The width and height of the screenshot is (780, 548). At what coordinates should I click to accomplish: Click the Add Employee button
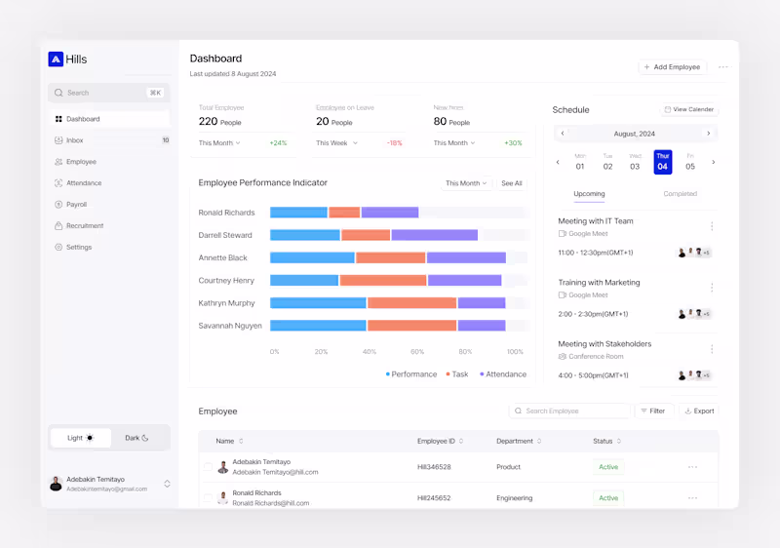tap(673, 67)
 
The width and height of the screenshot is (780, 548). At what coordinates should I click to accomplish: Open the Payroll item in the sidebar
tap(76, 205)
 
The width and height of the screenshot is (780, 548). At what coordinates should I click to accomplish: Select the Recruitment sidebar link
tap(84, 226)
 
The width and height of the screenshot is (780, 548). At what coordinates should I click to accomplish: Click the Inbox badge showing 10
tap(165, 140)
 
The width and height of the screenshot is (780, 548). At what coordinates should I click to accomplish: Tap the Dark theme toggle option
tap(136, 438)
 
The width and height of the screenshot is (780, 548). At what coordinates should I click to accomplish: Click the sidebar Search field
tap(107, 93)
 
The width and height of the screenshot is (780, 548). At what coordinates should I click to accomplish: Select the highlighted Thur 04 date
tap(662, 162)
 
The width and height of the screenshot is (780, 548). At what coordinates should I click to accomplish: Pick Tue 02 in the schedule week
tap(607, 162)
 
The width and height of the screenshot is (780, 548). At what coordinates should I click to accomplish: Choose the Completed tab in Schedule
tap(680, 193)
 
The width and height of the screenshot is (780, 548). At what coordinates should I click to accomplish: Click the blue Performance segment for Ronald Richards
tap(298, 213)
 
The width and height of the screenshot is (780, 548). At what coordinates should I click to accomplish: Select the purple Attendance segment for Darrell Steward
tap(434, 235)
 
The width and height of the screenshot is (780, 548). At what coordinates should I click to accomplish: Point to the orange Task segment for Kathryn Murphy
tap(411, 303)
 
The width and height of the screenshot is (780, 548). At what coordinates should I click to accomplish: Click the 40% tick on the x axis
tap(370, 351)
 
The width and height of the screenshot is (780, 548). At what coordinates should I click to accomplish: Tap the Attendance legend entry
tap(503, 374)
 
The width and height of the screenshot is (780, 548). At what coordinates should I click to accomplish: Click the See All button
tap(512, 183)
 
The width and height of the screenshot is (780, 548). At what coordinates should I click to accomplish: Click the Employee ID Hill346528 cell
tap(434, 467)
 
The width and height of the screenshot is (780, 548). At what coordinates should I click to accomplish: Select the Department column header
tap(515, 441)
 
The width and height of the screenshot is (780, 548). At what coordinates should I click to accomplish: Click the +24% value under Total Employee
tap(278, 143)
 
